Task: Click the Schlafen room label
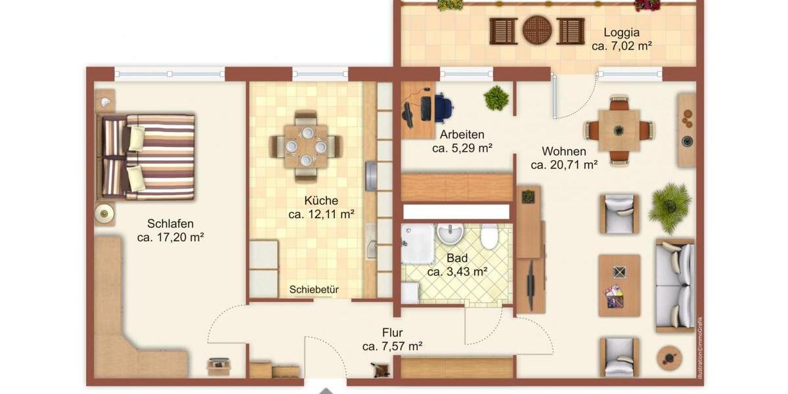click(170, 224)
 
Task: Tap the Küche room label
click(321, 200)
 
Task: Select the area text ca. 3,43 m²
click(457, 271)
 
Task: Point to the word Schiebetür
click(314, 290)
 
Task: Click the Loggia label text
click(621, 32)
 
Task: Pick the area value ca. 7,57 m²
click(392, 346)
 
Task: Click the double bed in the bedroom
click(148, 157)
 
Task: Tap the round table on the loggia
click(537, 30)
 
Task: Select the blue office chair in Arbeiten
click(442, 107)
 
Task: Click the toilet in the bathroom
click(489, 236)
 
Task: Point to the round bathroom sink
click(450, 232)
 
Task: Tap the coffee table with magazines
click(619, 286)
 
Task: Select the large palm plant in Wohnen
click(670, 207)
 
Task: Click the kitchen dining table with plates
click(306, 146)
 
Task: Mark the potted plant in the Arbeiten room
click(496, 98)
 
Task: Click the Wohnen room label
click(564, 152)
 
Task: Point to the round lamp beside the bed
click(104, 213)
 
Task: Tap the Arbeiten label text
click(462, 135)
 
